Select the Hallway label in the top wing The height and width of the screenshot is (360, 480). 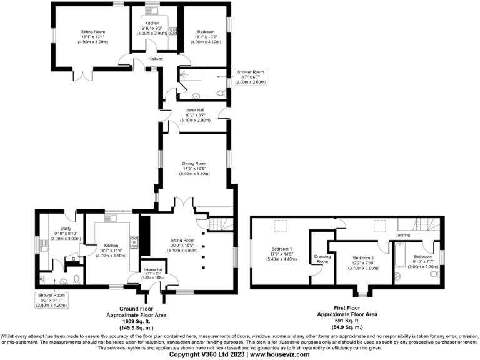pos(156,59)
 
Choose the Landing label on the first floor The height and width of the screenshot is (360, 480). pos(403,235)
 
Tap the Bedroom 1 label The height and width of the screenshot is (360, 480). pos(283,247)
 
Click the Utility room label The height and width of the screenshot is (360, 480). pos(65,229)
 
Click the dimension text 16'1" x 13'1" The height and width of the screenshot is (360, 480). pos(93,36)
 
